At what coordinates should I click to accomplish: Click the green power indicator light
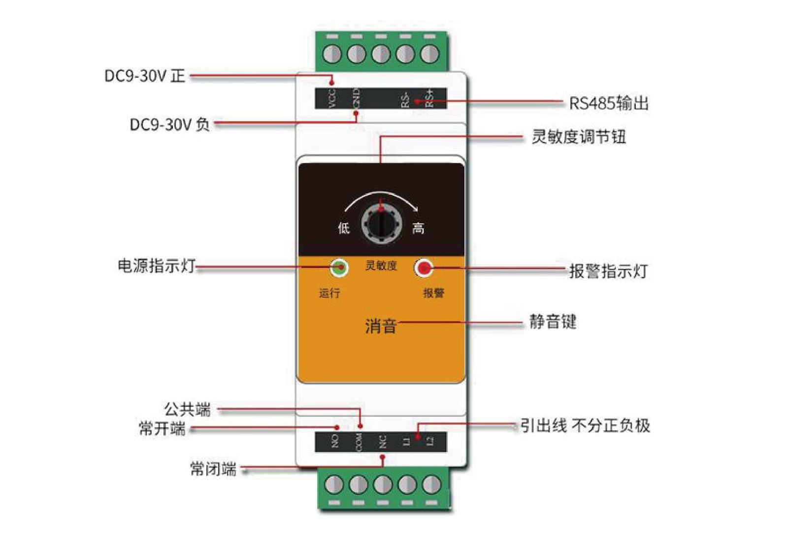click(339, 268)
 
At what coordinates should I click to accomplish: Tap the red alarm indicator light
click(423, 268)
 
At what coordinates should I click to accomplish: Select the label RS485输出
click(609, 103)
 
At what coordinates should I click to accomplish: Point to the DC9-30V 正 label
click(145, 76)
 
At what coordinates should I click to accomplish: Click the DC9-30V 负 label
click(169, 124)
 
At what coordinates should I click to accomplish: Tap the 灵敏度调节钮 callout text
click(579, 137)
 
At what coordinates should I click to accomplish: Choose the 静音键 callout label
click(553, 322)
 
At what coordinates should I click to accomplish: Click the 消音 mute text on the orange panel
click(381, 326)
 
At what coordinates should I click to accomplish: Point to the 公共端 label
click(188, 409)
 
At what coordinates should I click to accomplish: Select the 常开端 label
click(163, 428)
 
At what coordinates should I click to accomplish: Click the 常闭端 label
click(213, 469)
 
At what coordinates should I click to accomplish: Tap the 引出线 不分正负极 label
click(585, 425)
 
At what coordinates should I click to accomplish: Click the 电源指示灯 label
click(157, 266)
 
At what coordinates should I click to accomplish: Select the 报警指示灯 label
click(609, 271)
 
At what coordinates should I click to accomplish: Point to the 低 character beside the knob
click(344, 228)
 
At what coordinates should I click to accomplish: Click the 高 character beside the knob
click(418, 228)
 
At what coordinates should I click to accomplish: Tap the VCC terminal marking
click(332, 98)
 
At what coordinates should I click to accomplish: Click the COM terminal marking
click(359, 442)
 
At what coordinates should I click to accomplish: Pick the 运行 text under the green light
click(329, 293)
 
